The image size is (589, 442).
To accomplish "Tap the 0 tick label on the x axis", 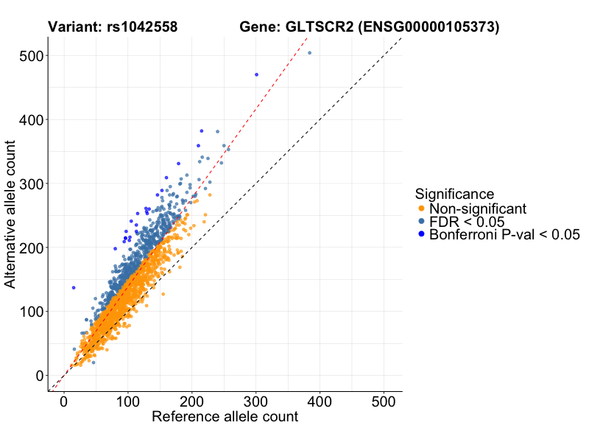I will (x=64, y=403).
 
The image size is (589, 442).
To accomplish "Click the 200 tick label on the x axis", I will (x=192, y=403).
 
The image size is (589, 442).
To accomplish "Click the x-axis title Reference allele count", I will (x=225, y=417).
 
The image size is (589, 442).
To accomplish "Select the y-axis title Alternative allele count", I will (x=10, y=216).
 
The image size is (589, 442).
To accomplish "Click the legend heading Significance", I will (x=454, y=194).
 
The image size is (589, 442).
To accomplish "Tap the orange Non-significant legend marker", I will (x=421, y=208).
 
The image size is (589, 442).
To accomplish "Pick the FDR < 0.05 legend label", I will (x=467, y=222).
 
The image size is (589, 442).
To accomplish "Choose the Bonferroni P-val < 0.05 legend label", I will (x=504, y=235).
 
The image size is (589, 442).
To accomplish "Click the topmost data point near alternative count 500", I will (x=309, y=53).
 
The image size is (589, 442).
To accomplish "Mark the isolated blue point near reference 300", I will (x=256, y=74).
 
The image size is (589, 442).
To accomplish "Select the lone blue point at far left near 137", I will (x=74, y=287).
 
